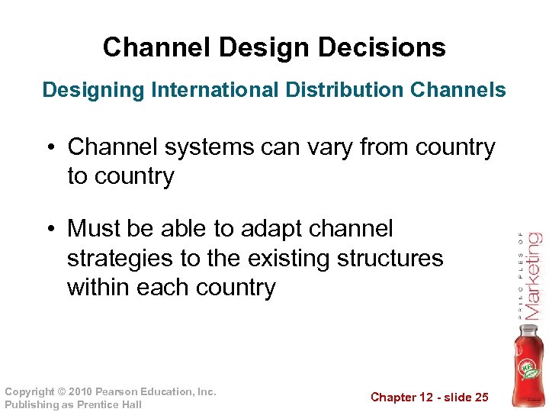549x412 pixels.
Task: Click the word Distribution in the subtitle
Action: click(x=345, y=90)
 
